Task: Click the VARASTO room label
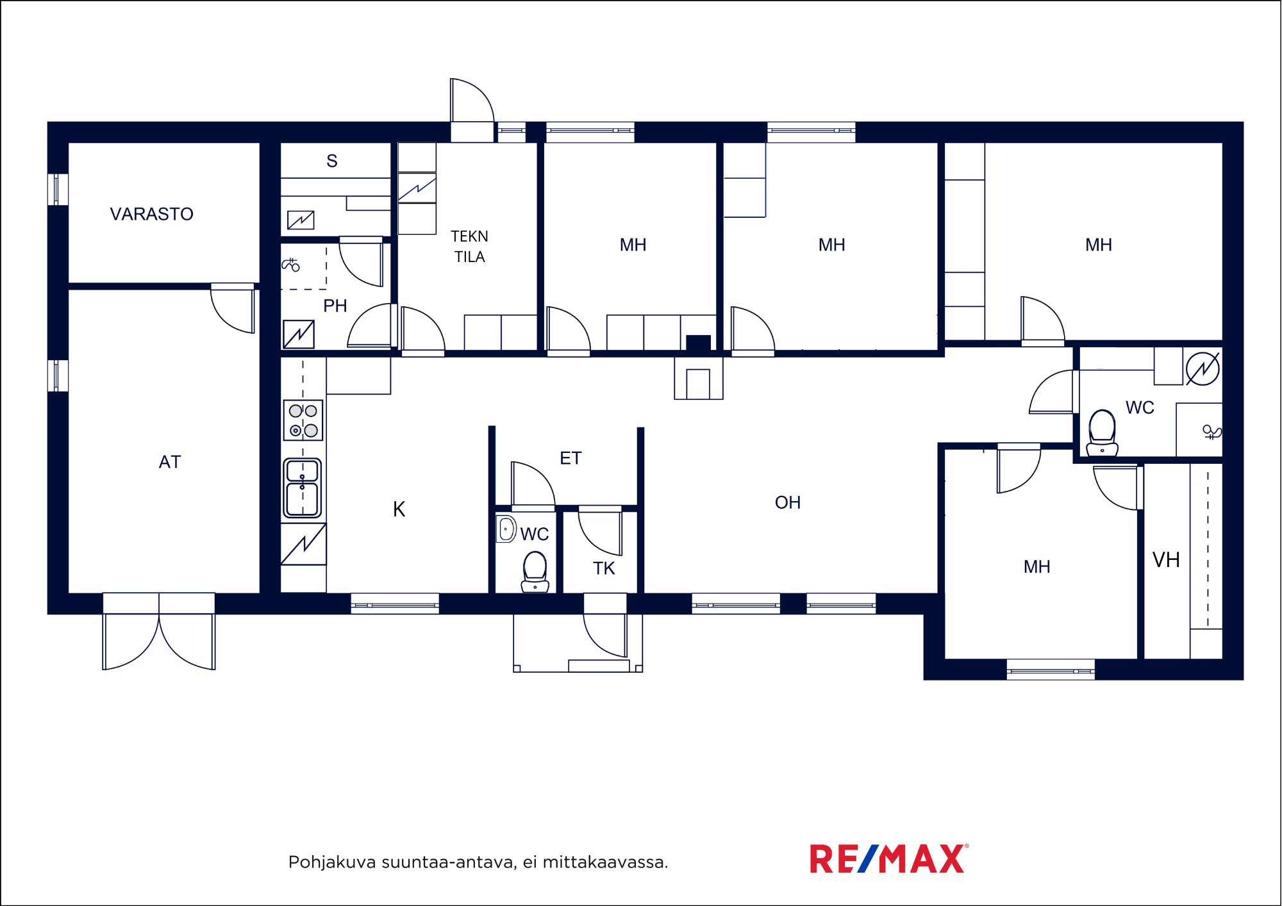pos(151,214)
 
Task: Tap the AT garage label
pos(170,462)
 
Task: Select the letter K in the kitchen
pos(399,509)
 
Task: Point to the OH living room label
pos(787,502)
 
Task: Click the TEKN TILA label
pos(469,247)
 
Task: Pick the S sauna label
pos(331,161)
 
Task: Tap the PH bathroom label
pos(335,306)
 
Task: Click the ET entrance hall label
pos(570,458)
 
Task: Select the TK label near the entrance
pos(604,568)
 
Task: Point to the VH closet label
pos(1166,560)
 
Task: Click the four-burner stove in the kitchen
pos(303,420)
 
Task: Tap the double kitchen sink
pos(302,488)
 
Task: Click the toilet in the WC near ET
pos(535,572)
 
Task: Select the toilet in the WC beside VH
pos(1102,433)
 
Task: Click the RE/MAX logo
pos(889,859)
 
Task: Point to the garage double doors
pos(159,632)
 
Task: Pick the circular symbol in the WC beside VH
pos(1203,369)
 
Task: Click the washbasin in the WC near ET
pos(506,529)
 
